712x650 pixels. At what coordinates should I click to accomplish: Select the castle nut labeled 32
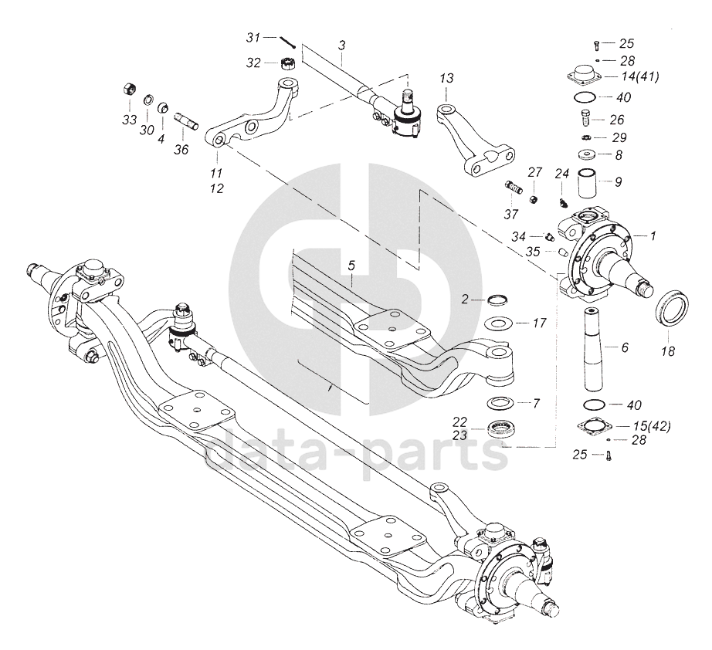(287, 63)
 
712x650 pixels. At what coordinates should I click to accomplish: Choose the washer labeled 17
(497, 323)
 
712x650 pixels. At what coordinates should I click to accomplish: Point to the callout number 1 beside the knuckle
(653, 235)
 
